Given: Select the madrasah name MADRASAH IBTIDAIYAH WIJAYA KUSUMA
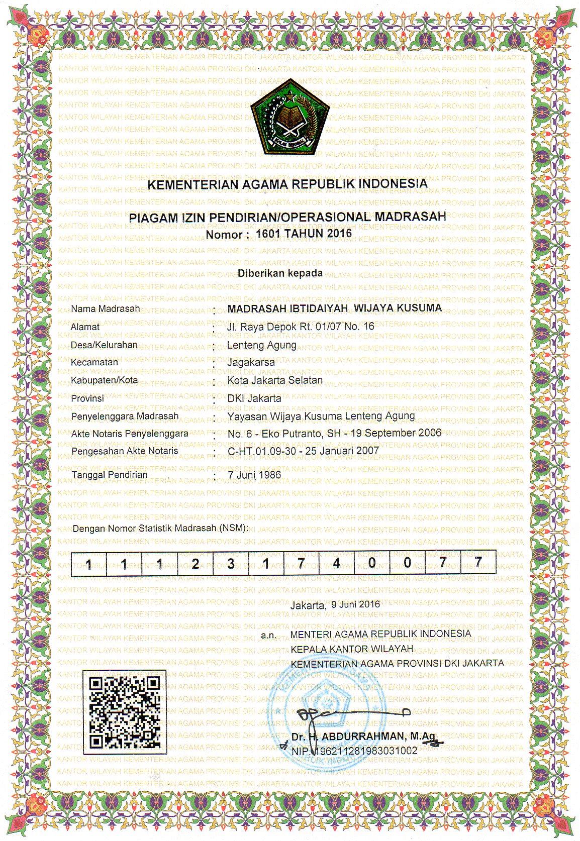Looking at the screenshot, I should point(334,307).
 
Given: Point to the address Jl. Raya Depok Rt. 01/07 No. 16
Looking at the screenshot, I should point(301,326).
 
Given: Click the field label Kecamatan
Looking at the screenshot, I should point(95,362).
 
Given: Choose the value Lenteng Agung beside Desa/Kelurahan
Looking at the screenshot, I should point(261,345).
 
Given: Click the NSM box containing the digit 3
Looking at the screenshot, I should point(231,563).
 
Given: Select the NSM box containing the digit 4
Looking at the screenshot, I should point(337,563).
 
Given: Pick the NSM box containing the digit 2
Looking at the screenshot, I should point(195,563).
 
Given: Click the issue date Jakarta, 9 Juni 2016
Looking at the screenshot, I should point(335,605).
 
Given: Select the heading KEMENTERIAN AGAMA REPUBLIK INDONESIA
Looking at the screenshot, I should point(287,184).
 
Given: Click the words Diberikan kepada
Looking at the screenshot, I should point(280,273).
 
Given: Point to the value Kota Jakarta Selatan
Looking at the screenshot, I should point(275,380).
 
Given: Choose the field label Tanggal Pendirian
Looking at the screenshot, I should point(110,474).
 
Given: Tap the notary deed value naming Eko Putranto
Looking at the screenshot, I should point(334,433).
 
